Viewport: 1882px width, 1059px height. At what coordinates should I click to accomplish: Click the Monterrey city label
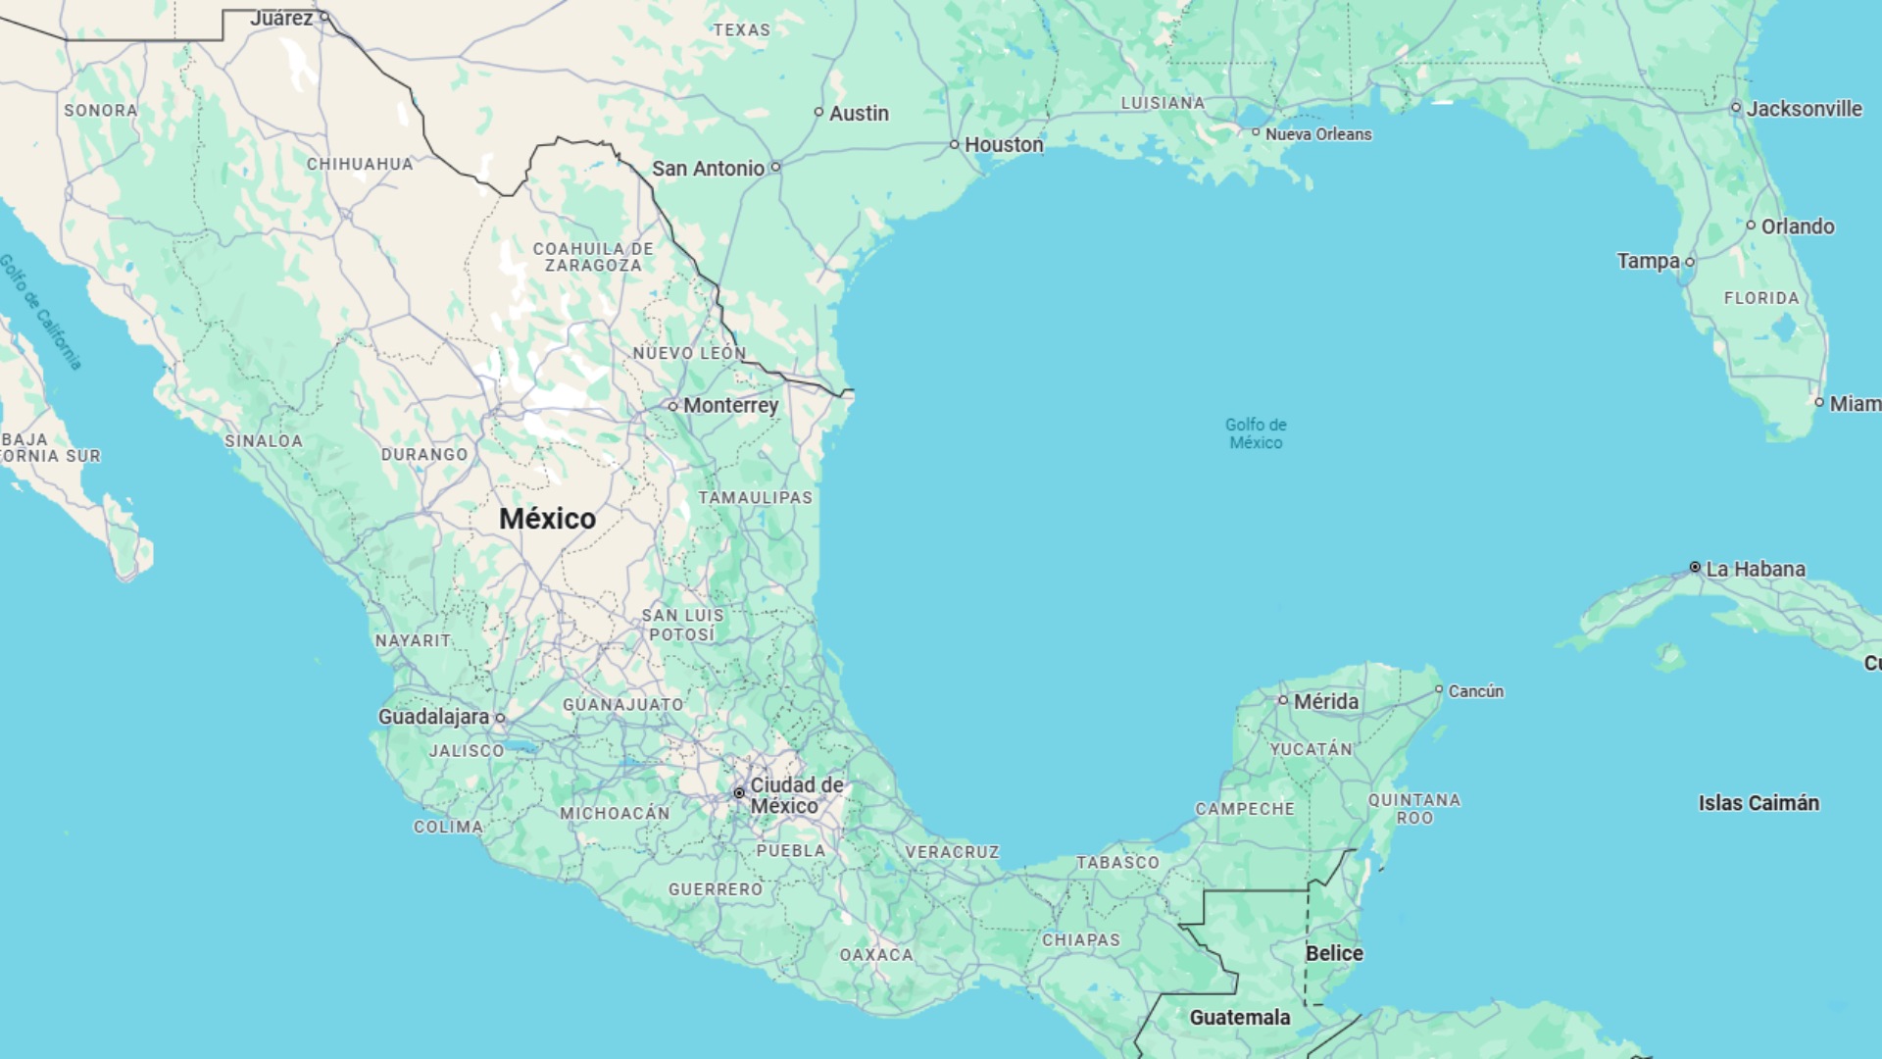coord(730,406)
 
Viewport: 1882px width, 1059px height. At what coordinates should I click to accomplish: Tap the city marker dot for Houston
coord(955,145)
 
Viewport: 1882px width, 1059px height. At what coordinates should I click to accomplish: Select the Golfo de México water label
coord(1256,433)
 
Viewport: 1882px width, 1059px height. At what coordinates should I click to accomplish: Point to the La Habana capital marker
coord(1695,568)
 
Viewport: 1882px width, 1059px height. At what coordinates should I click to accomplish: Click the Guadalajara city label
coord(433,717)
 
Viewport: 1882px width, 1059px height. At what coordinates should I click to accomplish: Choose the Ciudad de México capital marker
coord(739,793)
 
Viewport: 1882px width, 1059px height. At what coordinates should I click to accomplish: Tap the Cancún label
coord(1475,691)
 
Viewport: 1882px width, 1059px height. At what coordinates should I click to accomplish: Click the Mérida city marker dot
coord(1282,700)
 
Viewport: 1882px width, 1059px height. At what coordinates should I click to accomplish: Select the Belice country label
coord(1334,953)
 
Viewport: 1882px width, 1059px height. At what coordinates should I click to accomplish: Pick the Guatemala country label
coord(1240,1018)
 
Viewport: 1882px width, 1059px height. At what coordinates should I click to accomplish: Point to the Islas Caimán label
coord(1758,803)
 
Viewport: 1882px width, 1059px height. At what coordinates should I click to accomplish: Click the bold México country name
coord(547,519)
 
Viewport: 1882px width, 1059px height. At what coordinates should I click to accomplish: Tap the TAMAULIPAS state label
coord(755,498)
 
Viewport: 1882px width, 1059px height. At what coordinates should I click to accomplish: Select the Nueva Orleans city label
coord(1318,134)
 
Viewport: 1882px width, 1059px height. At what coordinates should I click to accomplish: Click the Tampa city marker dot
coord(1690,263)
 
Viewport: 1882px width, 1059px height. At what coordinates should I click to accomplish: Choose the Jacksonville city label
coord(1804,109)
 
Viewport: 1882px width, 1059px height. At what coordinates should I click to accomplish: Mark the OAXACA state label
coord(876,955)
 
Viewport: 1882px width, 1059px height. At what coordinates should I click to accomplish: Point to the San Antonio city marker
coord(775,168)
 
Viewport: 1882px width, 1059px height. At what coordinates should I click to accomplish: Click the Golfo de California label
coord(40,312)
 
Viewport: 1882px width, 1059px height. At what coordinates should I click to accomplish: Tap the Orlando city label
coord(1798,227)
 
